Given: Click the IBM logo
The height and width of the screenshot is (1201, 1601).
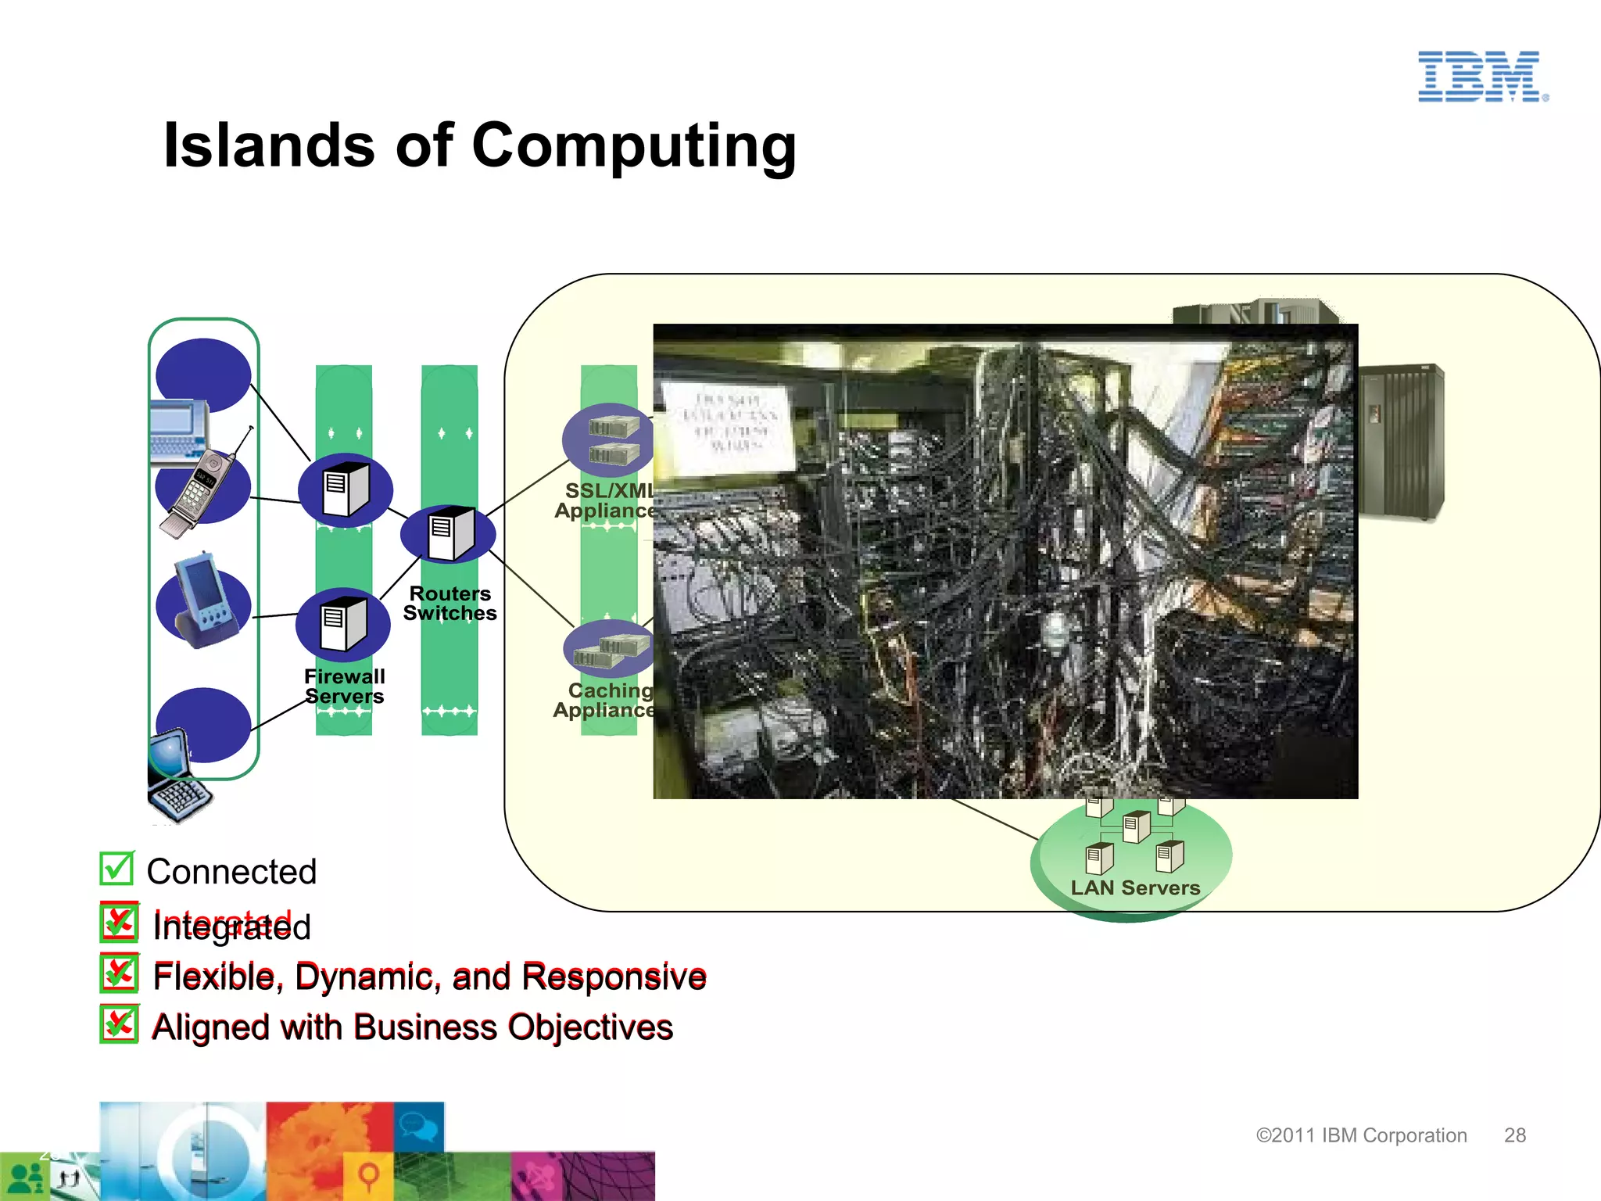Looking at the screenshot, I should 1482,77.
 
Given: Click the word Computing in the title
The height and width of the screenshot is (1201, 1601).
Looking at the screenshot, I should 634,147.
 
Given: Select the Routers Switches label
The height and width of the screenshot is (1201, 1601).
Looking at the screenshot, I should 449,604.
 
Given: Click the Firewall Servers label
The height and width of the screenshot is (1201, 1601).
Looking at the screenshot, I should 344,687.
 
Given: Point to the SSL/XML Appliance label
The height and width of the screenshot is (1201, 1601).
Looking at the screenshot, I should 606,500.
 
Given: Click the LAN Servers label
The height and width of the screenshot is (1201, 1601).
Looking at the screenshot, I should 1135,887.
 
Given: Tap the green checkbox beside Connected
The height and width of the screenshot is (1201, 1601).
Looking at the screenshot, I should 117,868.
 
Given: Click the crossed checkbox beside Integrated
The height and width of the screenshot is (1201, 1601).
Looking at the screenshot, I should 120,923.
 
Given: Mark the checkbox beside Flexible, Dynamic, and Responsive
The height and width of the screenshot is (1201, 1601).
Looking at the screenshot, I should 120,973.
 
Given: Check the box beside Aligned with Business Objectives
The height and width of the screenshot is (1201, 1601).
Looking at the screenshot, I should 120,1024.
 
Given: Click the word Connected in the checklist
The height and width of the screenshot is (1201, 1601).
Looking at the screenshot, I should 231,872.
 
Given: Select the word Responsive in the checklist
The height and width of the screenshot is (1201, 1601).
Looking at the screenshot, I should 614,977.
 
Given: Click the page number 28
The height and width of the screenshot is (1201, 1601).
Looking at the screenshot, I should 1514,1135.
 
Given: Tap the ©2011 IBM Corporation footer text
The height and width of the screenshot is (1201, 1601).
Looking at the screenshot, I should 1361,1135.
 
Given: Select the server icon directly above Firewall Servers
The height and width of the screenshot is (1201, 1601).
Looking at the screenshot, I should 344,624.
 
